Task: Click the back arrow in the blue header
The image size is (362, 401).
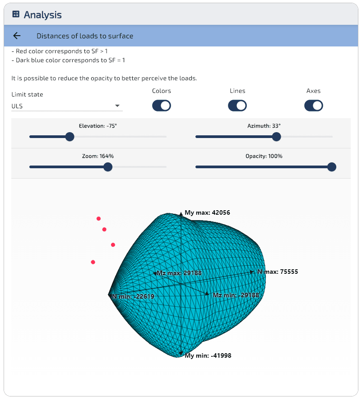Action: [x=17, y=36]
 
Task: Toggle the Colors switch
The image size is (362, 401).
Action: [x=162, y=106]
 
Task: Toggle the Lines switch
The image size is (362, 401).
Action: [x=237, y=106]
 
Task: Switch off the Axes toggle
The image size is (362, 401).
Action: [x=314, y=106]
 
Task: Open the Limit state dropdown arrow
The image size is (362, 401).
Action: [x=117, y=106]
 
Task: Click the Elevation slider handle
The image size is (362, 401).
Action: [x=70, y=137]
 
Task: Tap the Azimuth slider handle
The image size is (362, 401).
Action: [x=276, y=137]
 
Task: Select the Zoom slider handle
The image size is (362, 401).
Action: [x=108, y=167]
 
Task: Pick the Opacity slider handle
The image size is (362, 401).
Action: [x=332, y=167]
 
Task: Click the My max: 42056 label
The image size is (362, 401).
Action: [x=207, y=212]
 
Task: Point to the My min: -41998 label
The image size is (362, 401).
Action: [x=208, y=355]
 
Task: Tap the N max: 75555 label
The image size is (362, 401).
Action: [x=278, y=272]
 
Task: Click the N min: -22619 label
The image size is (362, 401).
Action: [x=133, y=296]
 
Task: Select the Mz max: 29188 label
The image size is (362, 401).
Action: [x=179, y=273]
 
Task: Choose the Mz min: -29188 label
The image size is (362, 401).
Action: [x=236, y=295]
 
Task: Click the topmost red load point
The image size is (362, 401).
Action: [x=98, y=218]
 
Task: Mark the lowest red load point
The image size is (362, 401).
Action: [x=93, y=262]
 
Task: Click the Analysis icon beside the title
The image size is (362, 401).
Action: [x=16, y=14]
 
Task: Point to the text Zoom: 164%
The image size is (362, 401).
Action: [x=98, y=156]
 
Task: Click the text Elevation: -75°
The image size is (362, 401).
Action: [x=98, y=126]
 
